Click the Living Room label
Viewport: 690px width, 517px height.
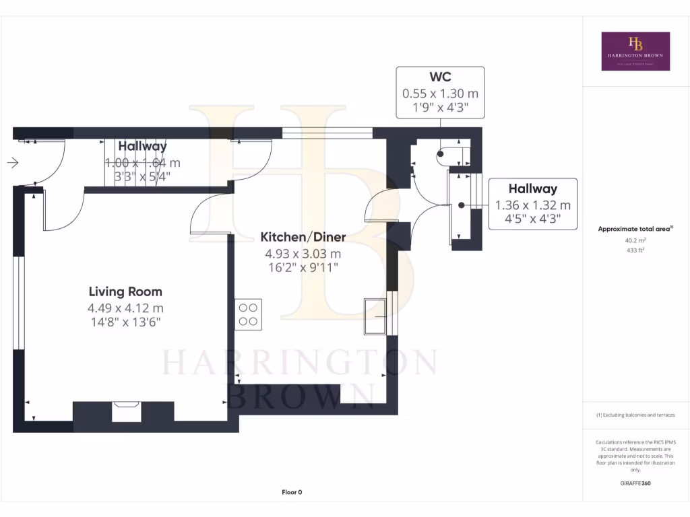click(x=125, y=291)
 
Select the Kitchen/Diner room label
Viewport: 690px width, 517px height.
click(x=303, y=237)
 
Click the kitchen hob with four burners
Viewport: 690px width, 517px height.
click(x=248, y=314)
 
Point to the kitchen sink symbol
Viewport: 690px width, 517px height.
click(x=375, y=315)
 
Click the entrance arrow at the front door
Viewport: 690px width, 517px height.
click(x=13, y=162)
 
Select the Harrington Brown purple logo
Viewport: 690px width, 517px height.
click(x=635, y=51)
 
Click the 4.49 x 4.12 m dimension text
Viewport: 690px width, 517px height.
click(x=126, y=308)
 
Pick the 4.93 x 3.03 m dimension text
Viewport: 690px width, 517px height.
click(x=303, y=254)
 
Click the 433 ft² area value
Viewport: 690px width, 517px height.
click(x=635, y=250)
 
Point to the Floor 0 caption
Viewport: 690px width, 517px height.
click(x=292, y=492)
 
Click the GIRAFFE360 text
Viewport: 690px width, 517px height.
click(x=635, y=483)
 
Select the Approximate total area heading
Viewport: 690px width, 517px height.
click(x=635, y=229)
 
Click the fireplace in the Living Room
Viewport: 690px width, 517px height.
click(x=126, y=411)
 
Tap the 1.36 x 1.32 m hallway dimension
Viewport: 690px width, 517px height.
click(x=532, y=205)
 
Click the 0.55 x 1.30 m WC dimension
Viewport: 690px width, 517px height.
click(x=440, y=94)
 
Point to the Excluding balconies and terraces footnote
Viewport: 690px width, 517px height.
click(x=635, y=415)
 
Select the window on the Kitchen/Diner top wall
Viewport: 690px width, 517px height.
click(x=327, y=133)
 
